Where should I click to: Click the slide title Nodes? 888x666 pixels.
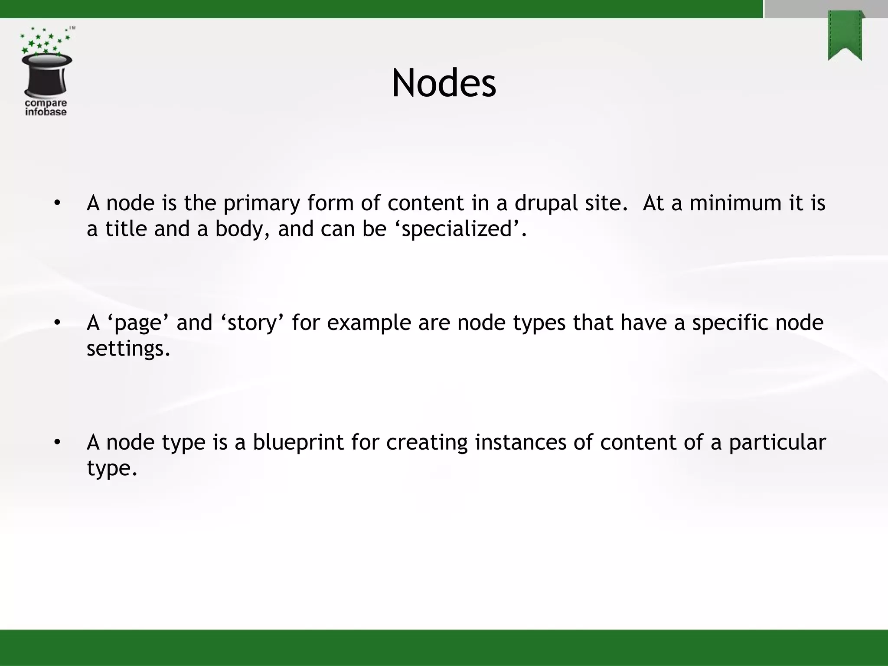coord(444,83)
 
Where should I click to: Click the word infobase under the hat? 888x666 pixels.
coord(46,112)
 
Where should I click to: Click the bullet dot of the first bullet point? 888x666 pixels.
coord(57,203)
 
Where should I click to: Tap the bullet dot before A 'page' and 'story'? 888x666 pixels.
coord(57,323)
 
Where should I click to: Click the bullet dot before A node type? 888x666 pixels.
coord(57,443)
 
